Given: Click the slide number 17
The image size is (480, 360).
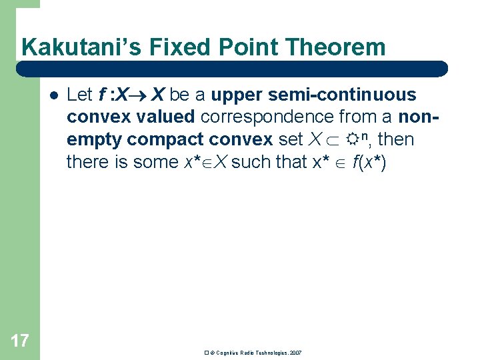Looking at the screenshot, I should [x=19, y=341].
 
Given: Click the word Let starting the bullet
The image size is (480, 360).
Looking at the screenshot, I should [x=79, y=95].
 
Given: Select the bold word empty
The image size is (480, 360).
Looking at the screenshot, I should [x=94, y=139].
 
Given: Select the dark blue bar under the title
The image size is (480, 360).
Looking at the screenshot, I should [x=231, y=69].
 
